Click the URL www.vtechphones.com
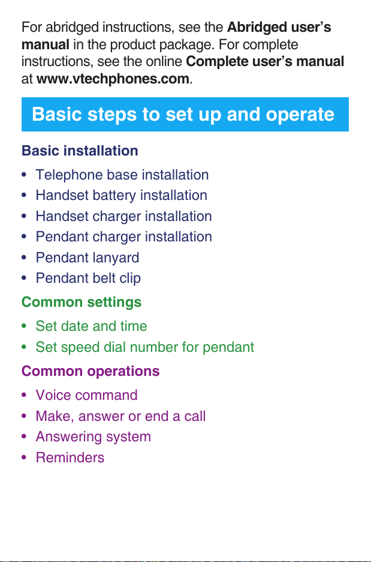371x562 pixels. pos(113,79)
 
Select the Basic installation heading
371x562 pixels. pos(80,151)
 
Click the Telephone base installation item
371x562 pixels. pos(122,175)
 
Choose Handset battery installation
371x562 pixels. pos(121,196)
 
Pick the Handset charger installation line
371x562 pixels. pos(124,217)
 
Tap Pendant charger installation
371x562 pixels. pos(124,237)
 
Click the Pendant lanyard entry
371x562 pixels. pos(88,258)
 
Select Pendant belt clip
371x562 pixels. pos(88,279)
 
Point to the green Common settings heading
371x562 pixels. pos(82,302)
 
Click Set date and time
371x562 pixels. pos(91,326)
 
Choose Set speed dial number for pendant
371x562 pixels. pos(145,347)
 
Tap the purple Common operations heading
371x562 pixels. pos(91,371)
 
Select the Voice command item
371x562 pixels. pos(86,395)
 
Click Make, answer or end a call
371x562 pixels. pos(120,417)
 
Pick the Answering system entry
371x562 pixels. pos(93,437)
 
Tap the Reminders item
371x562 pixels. pos(70,458)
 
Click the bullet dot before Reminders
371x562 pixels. pos(24,458)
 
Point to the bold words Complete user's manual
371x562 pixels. pos(265,62)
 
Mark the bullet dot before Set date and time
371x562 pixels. pos(24,326)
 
